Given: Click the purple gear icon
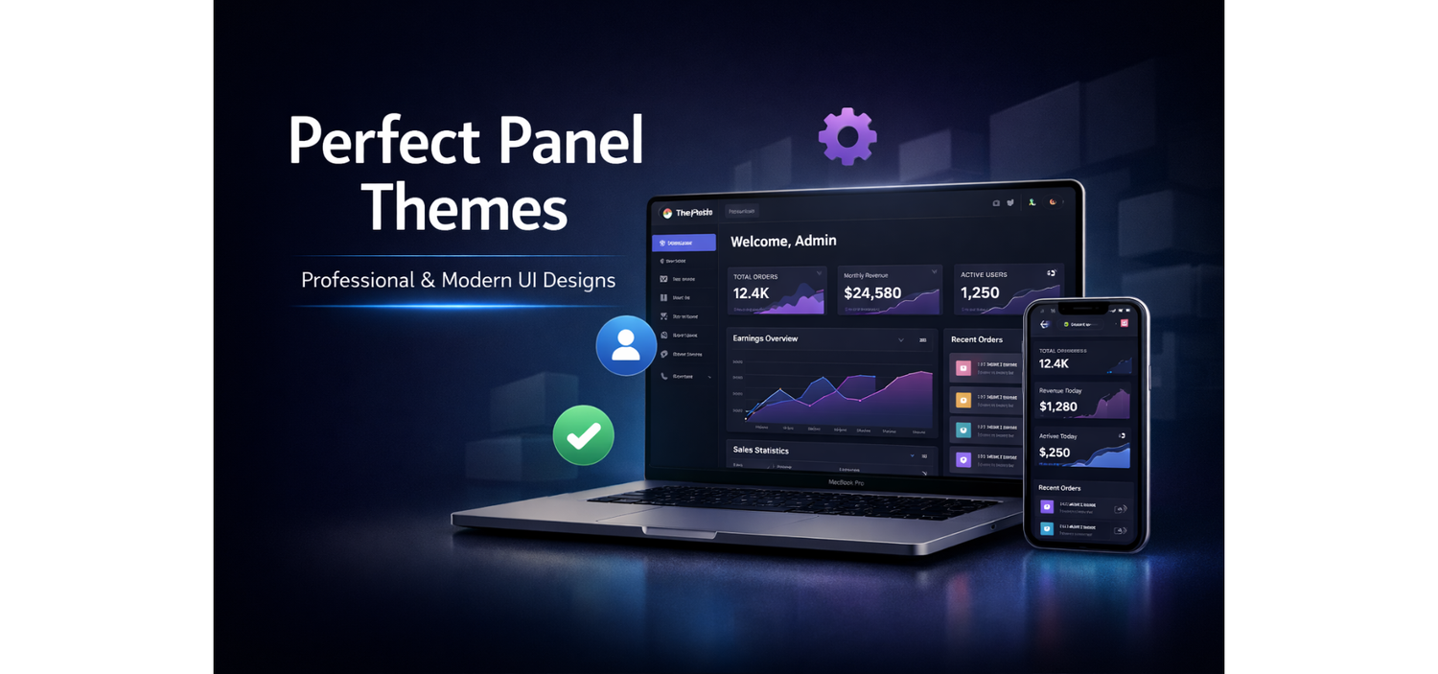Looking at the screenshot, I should click(847, 136).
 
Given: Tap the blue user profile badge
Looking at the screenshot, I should click(626, 345).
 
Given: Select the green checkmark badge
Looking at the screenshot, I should click(583, 435).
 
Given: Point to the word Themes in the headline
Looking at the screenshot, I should click(464, 206).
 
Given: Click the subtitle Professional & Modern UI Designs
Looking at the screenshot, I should click(458, 280).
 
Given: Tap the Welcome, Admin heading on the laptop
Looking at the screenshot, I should click(783, 241).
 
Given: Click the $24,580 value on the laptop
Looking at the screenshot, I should click(872, 293).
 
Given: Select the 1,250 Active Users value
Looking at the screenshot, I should click(980, 293).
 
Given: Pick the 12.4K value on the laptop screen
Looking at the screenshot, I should click(752, 293).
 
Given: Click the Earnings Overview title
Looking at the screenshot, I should click(765, 338).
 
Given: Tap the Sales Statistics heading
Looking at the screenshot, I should click(761, 450).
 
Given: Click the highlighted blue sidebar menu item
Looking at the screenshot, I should click(684, 243).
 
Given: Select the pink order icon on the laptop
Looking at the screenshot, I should click(963, 367).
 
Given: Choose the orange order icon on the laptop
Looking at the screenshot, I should click(963, 399).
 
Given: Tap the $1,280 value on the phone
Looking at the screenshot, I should click(1058, 407).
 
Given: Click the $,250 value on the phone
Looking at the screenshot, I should click(1055, 453).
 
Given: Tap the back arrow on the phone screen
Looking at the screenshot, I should click(1045, 324).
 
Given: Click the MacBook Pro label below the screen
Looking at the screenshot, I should click(847, 482).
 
